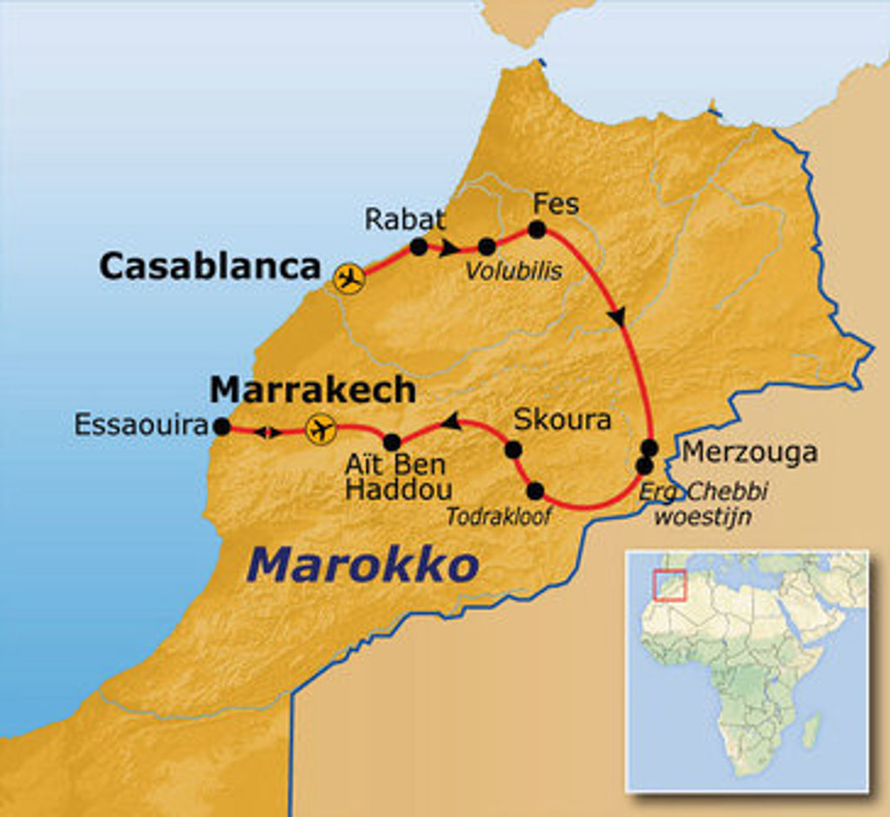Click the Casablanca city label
coord(209,267)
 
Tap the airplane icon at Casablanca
coord(349,279)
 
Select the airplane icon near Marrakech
coord(321,428)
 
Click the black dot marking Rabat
coord(418,247)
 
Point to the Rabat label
coord(404,219)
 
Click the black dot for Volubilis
coord(487,247)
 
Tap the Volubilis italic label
coord(513,271)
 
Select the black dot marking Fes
coord(536,229)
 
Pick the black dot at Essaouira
coord(222,427)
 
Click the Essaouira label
coord(141,426)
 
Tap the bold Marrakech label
coord(313,390)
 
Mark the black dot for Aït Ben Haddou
coord(392,442)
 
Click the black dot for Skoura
coord(513,449)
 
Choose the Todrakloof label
coord(499,517)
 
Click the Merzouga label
coord(749,453)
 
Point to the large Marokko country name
coord(363,566)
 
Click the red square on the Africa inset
coord(670,585)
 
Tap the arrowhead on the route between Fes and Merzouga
coord(616,317)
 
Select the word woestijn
coord(702,516)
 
